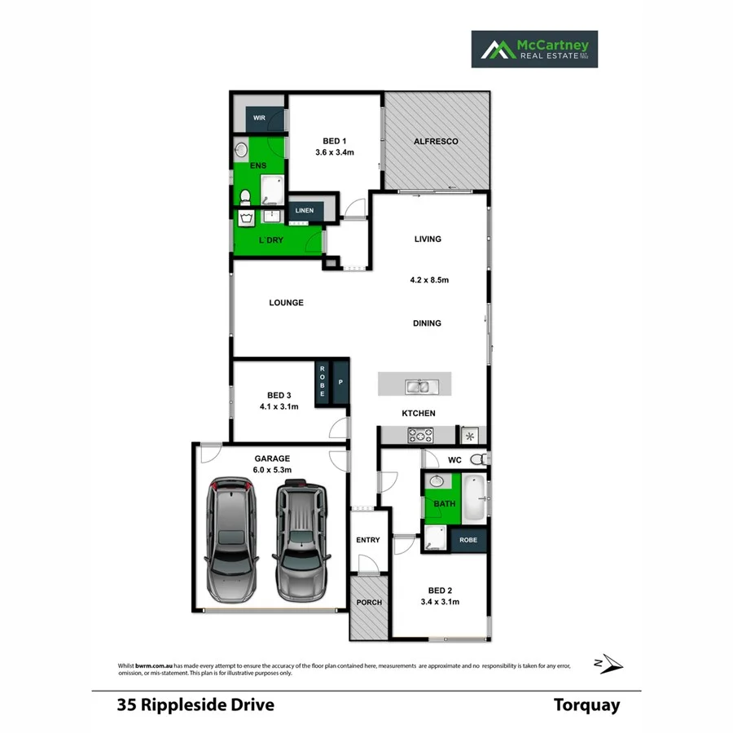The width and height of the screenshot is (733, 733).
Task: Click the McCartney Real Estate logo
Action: pos(534,49)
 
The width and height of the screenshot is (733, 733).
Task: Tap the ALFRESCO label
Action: pos(436,142)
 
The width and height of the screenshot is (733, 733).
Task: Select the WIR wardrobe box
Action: pos(259,118)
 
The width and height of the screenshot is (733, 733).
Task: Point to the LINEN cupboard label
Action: pos(304,211)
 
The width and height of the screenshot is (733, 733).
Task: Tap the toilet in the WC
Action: pos(484,460)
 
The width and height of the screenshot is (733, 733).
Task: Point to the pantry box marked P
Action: pos(340,381)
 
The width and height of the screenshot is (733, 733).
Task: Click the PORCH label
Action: pos(369,603)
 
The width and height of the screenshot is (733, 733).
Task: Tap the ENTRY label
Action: pos(368,540)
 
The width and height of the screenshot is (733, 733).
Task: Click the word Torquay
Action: pos(586,705)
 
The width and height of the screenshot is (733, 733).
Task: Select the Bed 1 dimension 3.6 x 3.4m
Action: pos(335,152)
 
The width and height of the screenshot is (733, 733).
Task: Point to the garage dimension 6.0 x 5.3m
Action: pos(272,470)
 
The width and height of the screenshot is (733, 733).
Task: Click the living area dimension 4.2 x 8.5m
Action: pos(429,280)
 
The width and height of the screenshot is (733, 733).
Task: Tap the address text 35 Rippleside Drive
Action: pos(195,705)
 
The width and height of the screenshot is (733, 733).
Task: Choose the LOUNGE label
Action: pos(287,303)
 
